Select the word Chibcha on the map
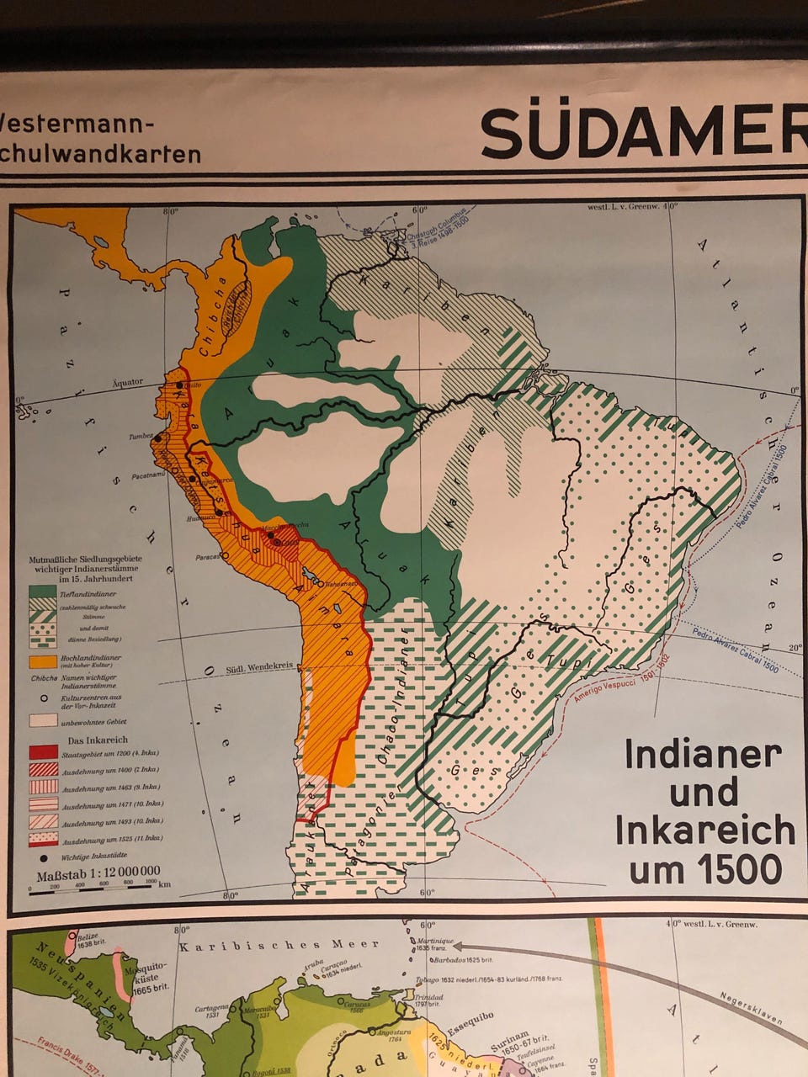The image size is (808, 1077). coord(215,318)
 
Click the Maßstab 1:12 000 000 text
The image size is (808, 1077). coord(98,873)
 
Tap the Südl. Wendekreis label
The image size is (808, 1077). coord(261,666)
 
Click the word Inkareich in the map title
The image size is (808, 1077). coord(704,830)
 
